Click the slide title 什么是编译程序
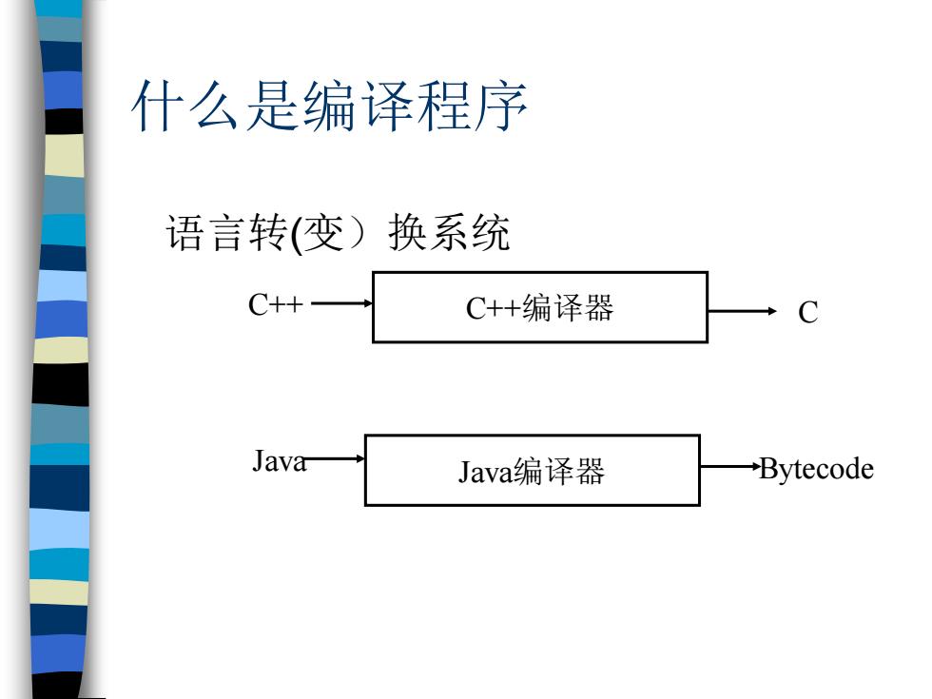329,106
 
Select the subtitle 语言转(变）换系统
338,232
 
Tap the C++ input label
275,305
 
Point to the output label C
807,313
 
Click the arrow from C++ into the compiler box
341,303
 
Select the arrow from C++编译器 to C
743,311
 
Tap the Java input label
280,460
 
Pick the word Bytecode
817,469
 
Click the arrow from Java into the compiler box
335,458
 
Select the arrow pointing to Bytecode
730,467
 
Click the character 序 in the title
501,107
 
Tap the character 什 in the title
157,107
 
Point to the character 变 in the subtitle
324,232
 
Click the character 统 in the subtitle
491,232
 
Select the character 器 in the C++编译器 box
598,308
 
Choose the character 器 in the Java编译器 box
590,471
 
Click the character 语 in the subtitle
184,232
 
